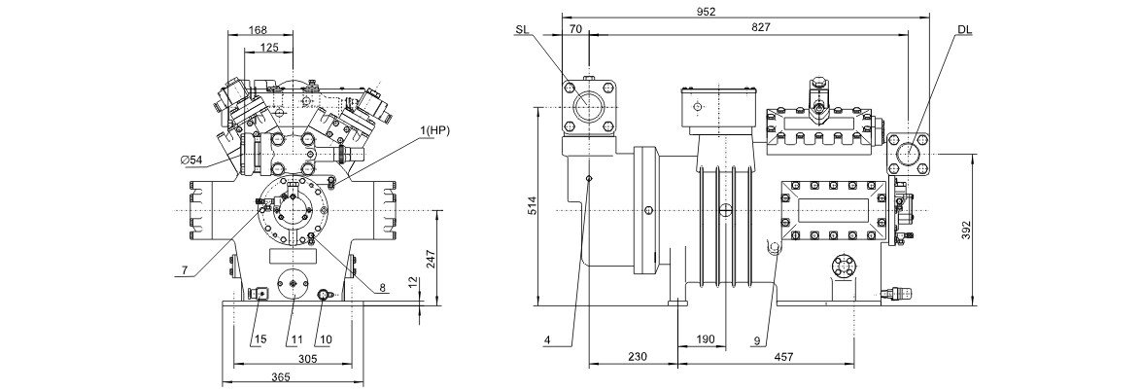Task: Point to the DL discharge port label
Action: coord(963,31)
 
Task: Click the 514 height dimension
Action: coord(528,206)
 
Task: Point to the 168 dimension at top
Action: coord(258,30)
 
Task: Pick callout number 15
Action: coord(260,339)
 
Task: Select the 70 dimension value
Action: coord(574,29)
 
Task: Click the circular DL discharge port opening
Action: coord(909,153)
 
